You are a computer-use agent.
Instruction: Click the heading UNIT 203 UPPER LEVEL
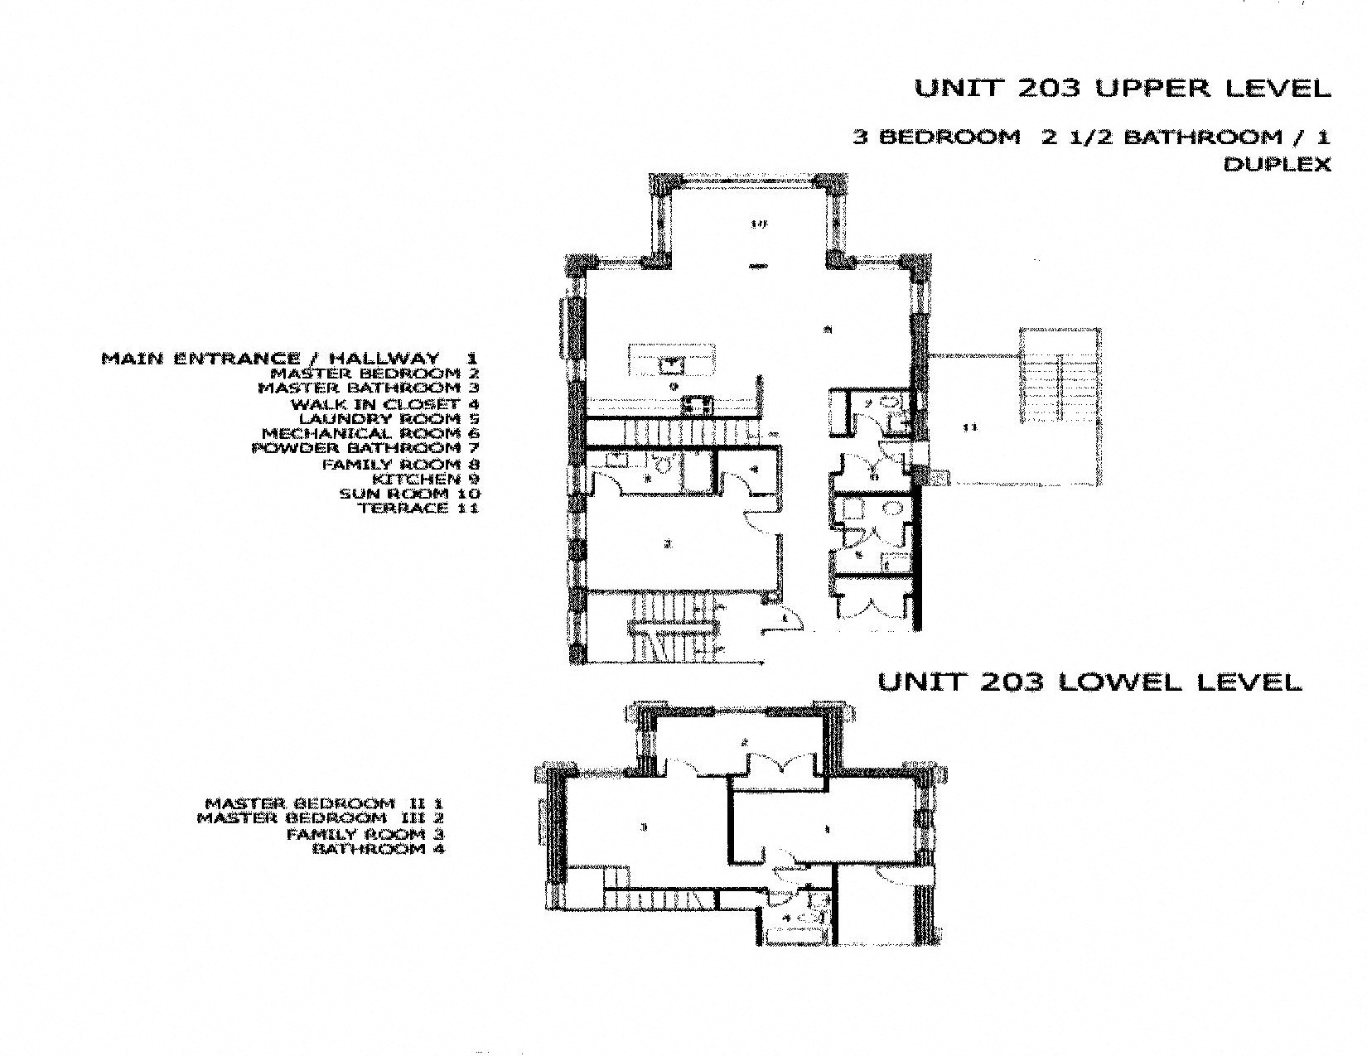click(1122, 89)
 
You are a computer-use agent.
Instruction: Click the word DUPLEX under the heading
click(1277, 165)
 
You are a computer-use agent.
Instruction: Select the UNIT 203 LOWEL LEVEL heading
click(1089, 682)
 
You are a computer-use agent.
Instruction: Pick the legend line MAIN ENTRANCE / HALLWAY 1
click(289, 359)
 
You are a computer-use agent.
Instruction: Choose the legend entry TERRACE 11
click(418, 508)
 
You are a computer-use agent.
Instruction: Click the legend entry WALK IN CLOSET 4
click(384, 404)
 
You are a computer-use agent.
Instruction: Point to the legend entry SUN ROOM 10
click(409, 494)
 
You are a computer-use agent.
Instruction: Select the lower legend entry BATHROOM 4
click(378, 849)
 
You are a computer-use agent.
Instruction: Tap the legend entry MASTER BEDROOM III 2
click(320, 818)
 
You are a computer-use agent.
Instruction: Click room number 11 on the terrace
click(970, 427)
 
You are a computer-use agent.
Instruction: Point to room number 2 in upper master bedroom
click(666, 544)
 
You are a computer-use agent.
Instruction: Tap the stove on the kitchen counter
click(698, 405)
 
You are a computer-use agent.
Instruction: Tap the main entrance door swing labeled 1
click(787, 620)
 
